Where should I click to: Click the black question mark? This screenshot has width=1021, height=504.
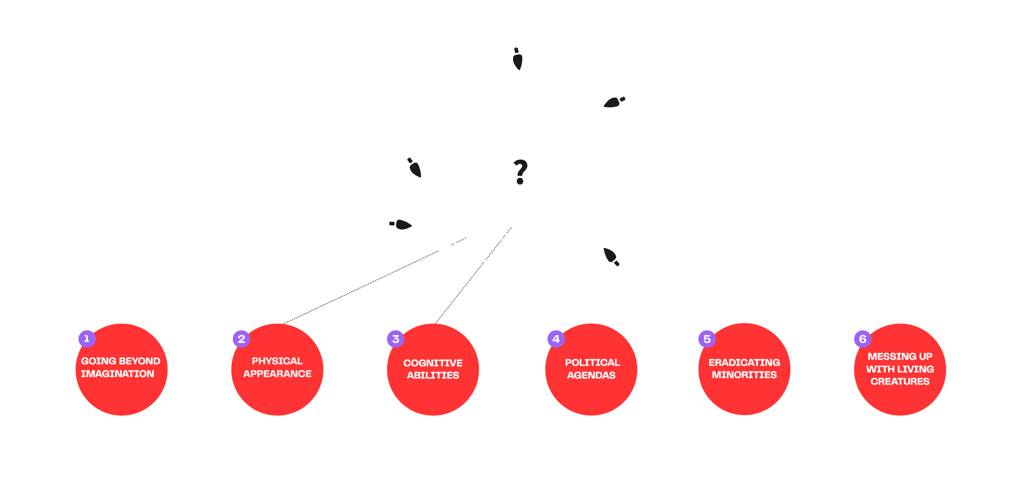click(x=520, y=171)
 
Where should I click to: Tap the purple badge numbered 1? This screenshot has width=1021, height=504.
click(x=87, y=339)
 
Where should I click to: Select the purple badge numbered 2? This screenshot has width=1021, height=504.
click(x=241, y=339)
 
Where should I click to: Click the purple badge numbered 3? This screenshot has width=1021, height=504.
click(x=396, y=339)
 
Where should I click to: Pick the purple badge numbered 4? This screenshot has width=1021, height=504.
click(x=556, y=339)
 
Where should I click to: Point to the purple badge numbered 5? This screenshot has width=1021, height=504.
click(x=707, y=339)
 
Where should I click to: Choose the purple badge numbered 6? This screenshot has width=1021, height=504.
click(x=863, y=339)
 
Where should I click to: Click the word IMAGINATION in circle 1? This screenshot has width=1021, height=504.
click(x=117, y=374)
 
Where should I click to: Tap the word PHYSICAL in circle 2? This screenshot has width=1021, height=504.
click(x=277, y=361)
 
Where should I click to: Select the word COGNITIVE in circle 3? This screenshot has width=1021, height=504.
click(x=433, y=363)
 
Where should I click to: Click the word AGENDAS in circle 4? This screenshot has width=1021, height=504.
click(x=591, y=375)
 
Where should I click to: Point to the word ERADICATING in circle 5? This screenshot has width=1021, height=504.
click(x=744, y=363)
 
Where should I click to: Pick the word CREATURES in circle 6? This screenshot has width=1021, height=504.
click(x=900, y=382)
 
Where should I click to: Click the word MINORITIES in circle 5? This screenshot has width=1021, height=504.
click(x=744, y=375)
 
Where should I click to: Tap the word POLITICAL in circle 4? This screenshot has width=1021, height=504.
click(x=592, y=363)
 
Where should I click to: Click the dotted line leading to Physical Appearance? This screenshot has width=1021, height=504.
click(x=360, y=287)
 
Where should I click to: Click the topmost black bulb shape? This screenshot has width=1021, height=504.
click(x=518, y=59)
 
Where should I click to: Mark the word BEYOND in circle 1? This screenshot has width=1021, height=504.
click(x=140, y=361)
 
